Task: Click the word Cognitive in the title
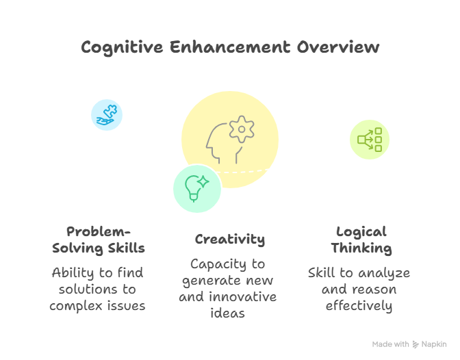pyautogui.click(x=122, y=48)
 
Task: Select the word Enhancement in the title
pyautogui.click(x=230, y=47)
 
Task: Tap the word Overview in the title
pyautogui.click(x=338, y=47)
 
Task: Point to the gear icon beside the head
pyautogui.click(x=242, y=129)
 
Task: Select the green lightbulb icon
pyautogui.click(x=193, y=188)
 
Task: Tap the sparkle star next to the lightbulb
pyautogui.click(x=203, y=181)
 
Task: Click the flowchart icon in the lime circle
pyautogui.click(x=370, y=140)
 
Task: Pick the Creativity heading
pyautogui.click(x=230, y=240)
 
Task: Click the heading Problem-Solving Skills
pyautogui.click(x=99, y=240)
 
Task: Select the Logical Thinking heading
pyautogui.click(x=361, y=240)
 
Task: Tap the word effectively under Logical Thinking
pyautogui.click(x=359, y=306)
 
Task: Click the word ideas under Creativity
pyautogui.click(x=228, y=313)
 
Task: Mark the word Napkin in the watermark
pyautogui.click(x=434, y=344)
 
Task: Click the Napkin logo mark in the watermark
pyautogui.click(x=416, y=344)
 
